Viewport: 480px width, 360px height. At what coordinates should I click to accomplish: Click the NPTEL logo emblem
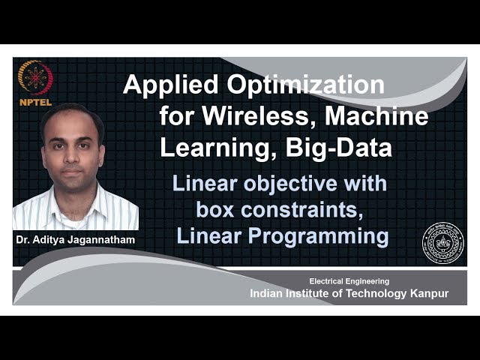coord(35,76)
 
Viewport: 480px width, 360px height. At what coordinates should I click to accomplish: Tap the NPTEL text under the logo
coord(35,101)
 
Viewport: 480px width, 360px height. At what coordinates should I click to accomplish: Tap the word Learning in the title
coord(211,148)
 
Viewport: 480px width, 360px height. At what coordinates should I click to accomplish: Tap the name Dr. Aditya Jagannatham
coord(75,240)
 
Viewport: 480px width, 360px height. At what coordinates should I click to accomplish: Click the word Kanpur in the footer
coord(427,293)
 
